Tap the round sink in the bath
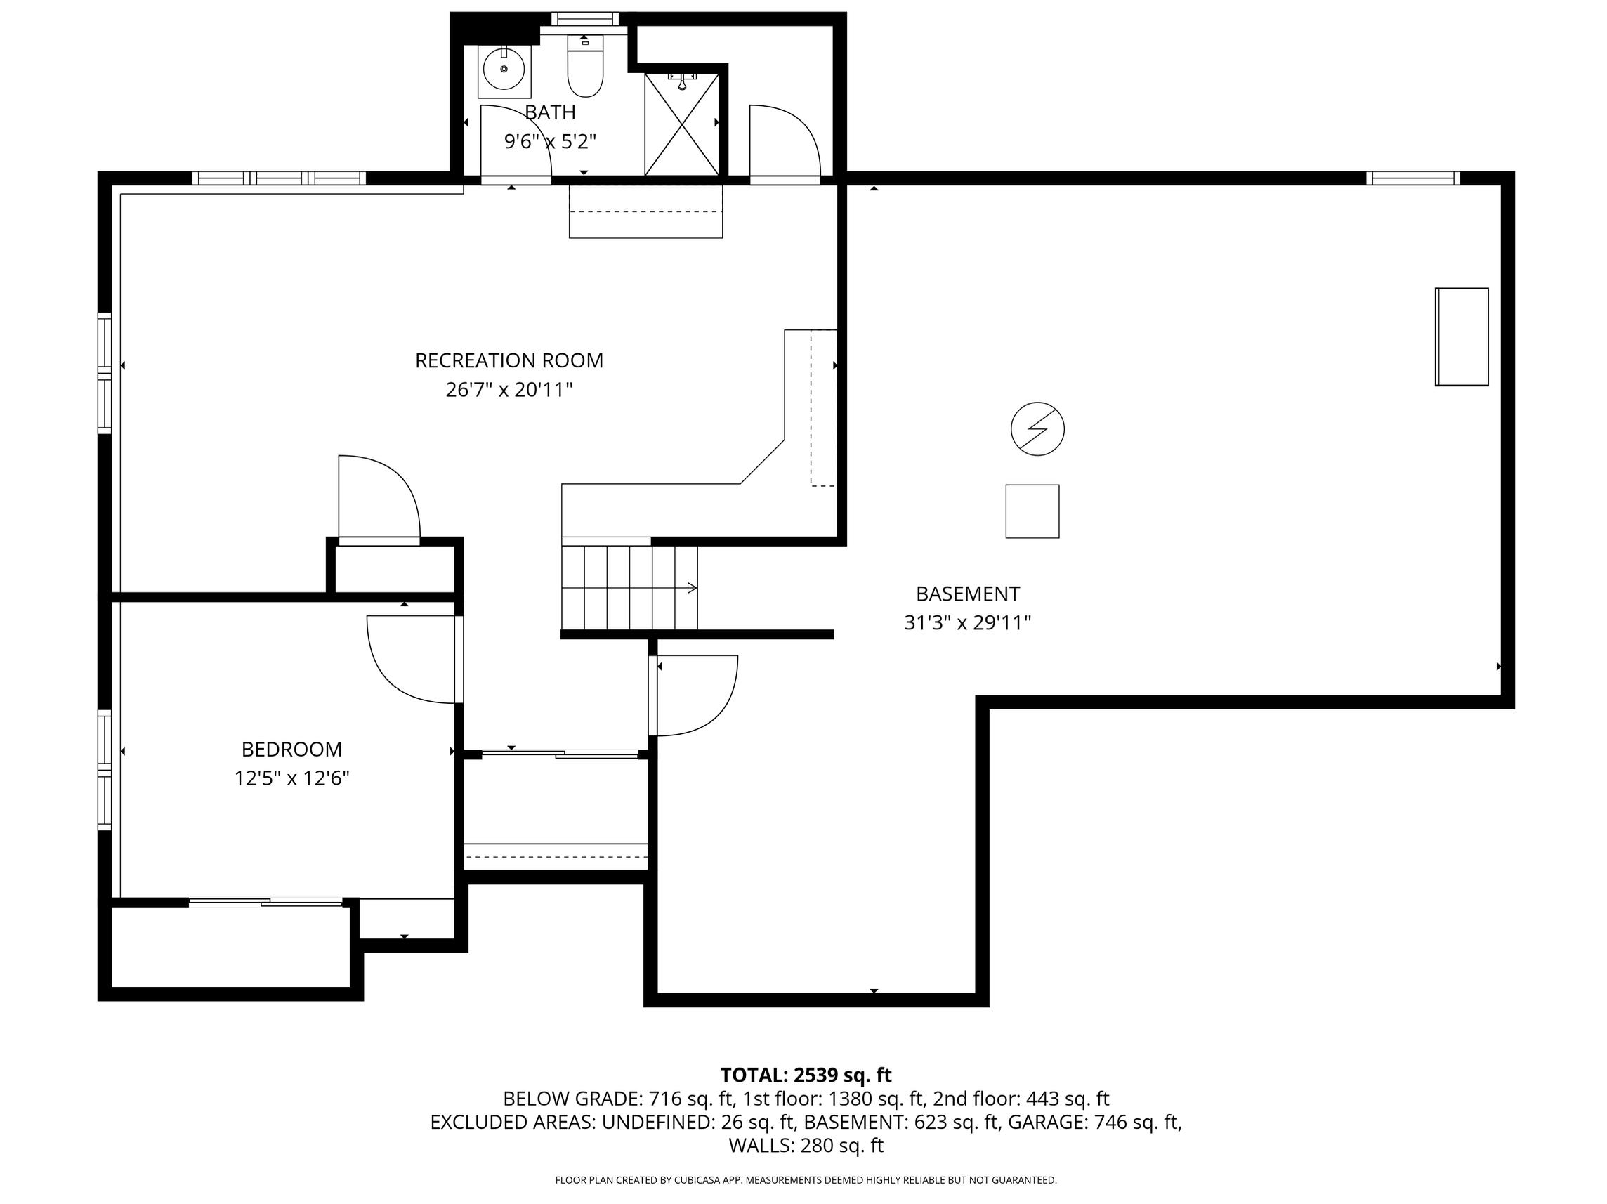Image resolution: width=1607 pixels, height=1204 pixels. click(x=504, y=69)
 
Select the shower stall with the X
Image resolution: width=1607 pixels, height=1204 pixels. click(x=681, y=124)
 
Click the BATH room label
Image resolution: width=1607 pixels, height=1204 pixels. click(x=550, y=112)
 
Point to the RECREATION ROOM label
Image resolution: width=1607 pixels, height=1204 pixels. click(x=509, y=360)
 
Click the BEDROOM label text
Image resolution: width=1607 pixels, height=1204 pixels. click(x=291, y=749)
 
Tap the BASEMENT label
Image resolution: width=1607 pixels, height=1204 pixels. click(x=968, y=594)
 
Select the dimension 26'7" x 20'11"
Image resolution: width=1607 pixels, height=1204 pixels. click(x=509, y=390)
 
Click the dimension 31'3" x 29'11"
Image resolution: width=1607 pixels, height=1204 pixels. click(x=968, y=622)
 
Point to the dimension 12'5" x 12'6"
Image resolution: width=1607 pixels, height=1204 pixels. click(x=291, y=778)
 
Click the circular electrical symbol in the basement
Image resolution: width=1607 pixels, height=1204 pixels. click(x=1037, y=428)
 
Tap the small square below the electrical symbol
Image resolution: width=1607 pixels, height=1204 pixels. click(x=1032, y=511)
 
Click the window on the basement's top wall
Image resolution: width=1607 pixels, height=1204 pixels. click(x=1412, y=178)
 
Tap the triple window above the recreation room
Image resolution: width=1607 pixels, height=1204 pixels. click(x=279, y=178)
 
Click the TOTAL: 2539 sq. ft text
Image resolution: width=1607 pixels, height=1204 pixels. click(x=806, y=1075)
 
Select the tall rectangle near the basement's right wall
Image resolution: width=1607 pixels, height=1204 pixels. click(x=1462, y=336)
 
